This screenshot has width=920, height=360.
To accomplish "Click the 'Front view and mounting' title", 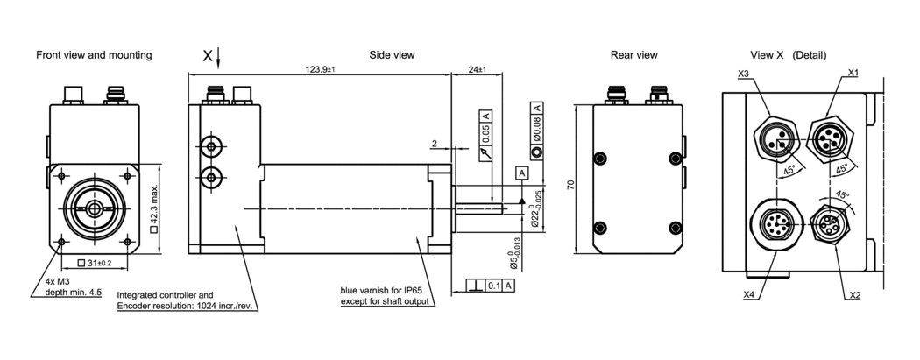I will tap(94, 55).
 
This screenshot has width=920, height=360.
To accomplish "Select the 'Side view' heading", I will tap(392, 55).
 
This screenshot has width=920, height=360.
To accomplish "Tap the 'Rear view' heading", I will tap(633, 55).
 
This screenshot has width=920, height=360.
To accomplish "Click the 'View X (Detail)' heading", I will tap(788, 55).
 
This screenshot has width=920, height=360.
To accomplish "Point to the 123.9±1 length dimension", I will tap(320, 68).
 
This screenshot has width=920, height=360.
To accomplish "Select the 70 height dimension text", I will tap(570, 186).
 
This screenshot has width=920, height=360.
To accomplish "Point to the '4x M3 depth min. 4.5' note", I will tap(74, 287).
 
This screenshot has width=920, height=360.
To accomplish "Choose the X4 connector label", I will tap(748, 295).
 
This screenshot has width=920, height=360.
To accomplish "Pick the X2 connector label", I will tap(854, 295).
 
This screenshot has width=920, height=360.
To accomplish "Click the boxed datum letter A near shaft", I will tap(522, 173).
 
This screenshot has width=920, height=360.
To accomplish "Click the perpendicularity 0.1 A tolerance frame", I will tap(490, 286).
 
